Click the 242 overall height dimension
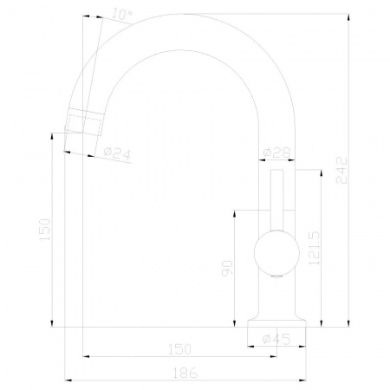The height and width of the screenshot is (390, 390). (x=341, y=170)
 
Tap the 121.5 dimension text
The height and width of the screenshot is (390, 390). (x=314, y=248)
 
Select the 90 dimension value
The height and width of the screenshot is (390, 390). (x=227, y=269)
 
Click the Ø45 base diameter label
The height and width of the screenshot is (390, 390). (x=276, y=339)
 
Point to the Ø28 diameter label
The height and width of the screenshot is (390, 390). (x=276, y=153)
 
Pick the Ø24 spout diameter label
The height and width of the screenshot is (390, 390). (x=117, y=153)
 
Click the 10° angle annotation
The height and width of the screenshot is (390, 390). (x=122, y=14)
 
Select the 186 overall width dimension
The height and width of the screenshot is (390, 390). (x=185, y=373)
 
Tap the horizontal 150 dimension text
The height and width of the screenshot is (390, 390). (x=179, y=349)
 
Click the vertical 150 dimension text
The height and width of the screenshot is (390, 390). (x=44, y=230)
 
